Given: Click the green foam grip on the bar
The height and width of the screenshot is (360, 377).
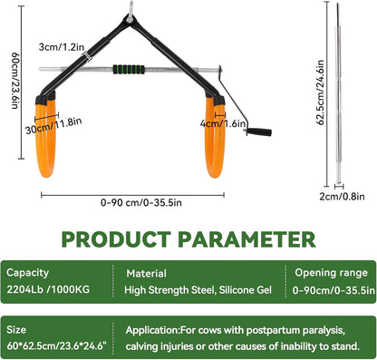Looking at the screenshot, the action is click(129, 70).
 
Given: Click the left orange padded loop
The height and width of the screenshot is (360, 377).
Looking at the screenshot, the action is click(46, 138).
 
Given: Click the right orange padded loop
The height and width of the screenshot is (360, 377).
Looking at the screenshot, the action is click(215, 138).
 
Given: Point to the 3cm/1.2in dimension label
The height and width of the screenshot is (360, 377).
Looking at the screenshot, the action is click(62, 47).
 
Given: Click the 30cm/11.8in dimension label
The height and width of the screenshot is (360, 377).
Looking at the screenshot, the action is click(53, 126).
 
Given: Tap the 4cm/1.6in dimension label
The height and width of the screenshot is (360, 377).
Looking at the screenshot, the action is click(223, 123).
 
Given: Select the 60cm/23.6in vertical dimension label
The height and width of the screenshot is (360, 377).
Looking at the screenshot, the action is click(15, 80).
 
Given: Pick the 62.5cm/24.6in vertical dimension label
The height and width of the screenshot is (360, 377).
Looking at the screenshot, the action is click(321, 92).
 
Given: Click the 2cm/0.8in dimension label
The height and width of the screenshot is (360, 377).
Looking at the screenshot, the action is click(342, 197).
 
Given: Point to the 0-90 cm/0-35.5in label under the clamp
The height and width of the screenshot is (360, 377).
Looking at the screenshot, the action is click(141, 202).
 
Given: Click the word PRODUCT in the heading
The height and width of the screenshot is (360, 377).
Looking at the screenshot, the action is click(116, 239).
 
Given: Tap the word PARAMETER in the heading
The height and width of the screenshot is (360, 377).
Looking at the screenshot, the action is click(246, 239).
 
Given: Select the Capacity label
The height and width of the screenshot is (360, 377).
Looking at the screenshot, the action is click(27, 273).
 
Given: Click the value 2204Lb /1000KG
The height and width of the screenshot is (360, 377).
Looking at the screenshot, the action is click(48, 289).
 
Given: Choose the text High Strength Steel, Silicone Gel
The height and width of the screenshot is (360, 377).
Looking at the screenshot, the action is click(198, 290).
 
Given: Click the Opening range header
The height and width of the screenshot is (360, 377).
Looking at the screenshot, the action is click(332, 273).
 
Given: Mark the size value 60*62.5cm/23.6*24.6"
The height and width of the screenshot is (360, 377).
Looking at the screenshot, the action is click(57, 345).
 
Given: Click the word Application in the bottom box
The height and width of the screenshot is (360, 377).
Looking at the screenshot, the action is click(153, 330).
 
